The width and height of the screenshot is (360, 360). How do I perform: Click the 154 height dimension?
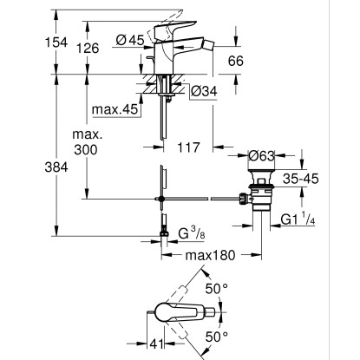56,43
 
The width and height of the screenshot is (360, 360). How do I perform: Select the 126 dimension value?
88,48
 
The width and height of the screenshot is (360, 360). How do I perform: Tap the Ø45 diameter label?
130,40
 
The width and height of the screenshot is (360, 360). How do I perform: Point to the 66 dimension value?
236,61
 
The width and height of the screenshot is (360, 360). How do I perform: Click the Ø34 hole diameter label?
204,91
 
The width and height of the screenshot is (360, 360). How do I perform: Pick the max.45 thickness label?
115,109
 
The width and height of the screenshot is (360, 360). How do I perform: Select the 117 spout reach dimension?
188,147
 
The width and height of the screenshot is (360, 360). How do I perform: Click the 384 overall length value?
56,167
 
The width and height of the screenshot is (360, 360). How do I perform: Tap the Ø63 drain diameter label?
261,156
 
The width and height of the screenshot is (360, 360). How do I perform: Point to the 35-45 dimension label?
301,179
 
